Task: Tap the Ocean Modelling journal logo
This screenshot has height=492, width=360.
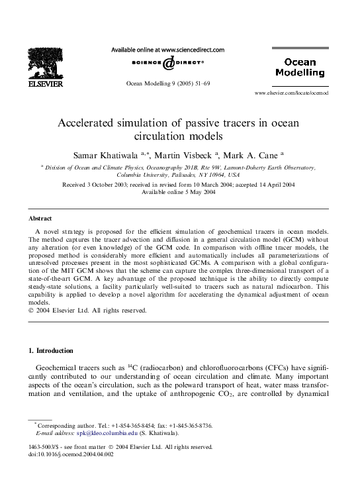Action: click(295, 67)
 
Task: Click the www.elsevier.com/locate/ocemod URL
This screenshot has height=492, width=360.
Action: click(291, 93)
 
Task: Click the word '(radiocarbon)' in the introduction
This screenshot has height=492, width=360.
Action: click(158, 367)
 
